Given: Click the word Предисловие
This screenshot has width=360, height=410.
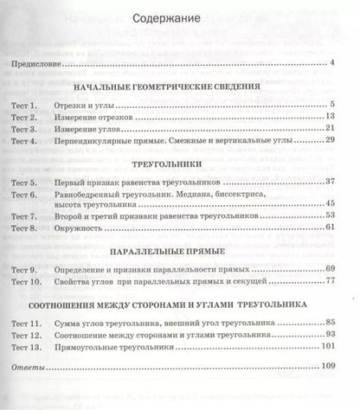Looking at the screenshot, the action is (35, 63).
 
